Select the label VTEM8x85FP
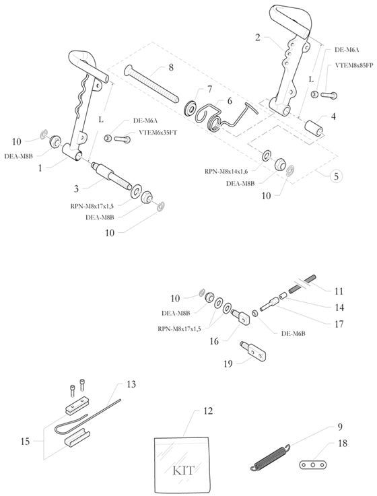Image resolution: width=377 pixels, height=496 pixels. [x=352, y=67]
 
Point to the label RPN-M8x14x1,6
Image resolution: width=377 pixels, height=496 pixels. [x=231, y=172]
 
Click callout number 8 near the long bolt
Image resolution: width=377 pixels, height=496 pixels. [x=171, y=67]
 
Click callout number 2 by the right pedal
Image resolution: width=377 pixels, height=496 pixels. [x=258, y=38]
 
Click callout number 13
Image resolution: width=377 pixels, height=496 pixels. [x=131, y=384]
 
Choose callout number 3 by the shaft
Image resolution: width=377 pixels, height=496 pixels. [x=76, y=188]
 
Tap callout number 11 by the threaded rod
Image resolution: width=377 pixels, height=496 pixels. [x=339, y=291]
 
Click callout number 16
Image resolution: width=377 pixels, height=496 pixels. [x=215, y=341]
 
